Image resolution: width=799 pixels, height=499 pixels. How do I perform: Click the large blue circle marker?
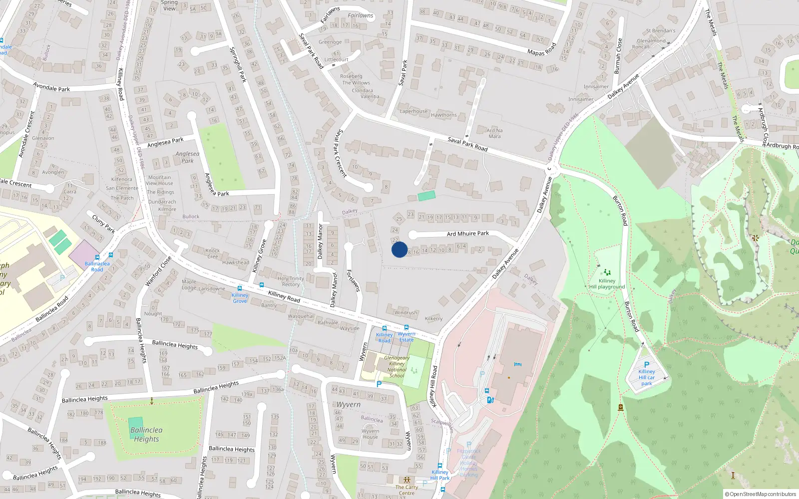point(399,249)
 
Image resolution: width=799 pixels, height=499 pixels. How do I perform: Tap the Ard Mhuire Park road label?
point(467,234)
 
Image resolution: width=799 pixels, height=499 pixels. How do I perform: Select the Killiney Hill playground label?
point(607,284)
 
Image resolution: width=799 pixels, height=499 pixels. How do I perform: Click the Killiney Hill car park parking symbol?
point(647,365)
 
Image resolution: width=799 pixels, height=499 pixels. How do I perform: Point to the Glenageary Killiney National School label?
point(397,367)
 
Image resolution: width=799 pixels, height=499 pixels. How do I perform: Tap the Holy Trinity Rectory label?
point(290,281)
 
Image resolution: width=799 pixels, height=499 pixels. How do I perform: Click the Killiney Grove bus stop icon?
point(240,288)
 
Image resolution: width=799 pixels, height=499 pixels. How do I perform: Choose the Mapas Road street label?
point(542,49)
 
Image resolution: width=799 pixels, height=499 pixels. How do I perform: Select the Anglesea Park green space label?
point(187,157)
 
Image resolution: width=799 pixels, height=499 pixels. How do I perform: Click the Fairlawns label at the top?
point(360,15)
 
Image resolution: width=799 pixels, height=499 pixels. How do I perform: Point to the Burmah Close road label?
point(618,56)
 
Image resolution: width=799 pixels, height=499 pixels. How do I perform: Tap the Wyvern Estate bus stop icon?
point(406,328)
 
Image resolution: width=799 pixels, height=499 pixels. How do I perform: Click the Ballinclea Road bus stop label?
point(97,266)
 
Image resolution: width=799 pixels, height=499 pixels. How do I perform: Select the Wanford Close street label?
point(158,271)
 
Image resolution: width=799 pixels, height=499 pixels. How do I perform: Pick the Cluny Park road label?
point(103,224)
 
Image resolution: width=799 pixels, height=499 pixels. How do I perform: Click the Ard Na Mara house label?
point(494,133)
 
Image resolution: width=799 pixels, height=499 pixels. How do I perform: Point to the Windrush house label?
point(405,313)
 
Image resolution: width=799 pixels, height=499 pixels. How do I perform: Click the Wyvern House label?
point(370,434)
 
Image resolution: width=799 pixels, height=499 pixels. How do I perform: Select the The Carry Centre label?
point(406,490)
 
